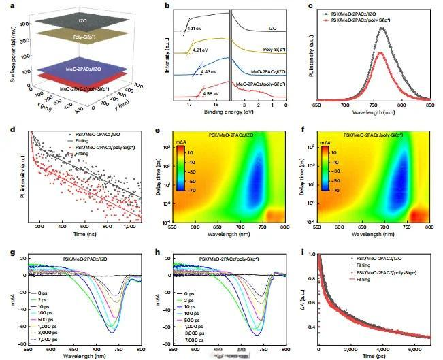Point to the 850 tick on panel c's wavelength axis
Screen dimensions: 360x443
tap(429, 105)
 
